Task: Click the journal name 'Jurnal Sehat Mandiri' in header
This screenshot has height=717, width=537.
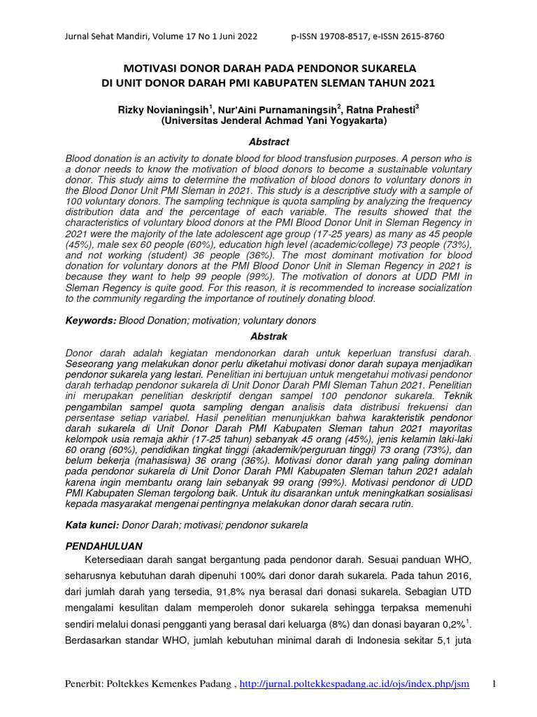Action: point(103,36)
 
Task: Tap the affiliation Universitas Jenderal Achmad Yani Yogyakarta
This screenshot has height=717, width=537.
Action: point(268,120)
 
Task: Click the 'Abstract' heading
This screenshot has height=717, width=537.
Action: point(268,142)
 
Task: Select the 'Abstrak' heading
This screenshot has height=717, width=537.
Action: point(268,337)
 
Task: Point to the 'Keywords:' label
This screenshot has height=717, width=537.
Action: point(90,321)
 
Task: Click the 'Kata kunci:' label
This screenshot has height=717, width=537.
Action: point(89,524)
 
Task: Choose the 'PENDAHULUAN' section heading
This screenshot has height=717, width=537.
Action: point(103,545)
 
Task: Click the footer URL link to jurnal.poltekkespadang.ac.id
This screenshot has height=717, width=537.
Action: point(355,683)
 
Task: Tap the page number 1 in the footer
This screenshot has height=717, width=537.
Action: point(494,683)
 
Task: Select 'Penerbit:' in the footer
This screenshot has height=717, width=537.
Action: point(86,683)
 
